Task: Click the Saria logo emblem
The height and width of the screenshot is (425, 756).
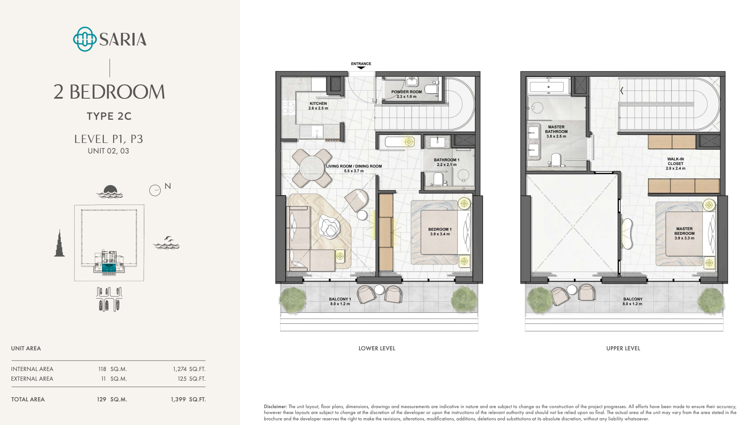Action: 85,39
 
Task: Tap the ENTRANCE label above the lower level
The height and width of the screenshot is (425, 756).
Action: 361,64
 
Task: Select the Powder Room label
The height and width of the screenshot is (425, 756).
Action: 406,92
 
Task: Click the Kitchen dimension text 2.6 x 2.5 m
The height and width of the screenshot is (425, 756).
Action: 318,108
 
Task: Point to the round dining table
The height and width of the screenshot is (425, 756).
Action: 312,168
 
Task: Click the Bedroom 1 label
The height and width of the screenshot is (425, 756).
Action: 440,229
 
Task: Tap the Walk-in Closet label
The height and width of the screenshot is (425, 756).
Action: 675,161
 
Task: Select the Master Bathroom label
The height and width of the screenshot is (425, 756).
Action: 556,129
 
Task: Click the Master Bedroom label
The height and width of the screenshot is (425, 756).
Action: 684,231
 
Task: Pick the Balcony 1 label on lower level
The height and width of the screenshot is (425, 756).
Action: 340,299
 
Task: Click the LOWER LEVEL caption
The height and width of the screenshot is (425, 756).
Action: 377,348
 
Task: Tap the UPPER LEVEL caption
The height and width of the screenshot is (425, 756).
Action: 623,348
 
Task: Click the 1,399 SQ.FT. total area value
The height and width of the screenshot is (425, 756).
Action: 188,399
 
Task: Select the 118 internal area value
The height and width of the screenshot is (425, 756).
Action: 102,369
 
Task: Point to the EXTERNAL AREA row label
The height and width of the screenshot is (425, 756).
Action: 32,379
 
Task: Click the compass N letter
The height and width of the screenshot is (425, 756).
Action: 167,186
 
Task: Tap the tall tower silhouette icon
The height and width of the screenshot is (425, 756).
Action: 59,243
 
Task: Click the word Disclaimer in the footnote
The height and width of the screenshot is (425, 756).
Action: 275,407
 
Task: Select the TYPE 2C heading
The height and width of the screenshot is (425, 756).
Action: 109,116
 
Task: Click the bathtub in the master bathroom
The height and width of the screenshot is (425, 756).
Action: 547,87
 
